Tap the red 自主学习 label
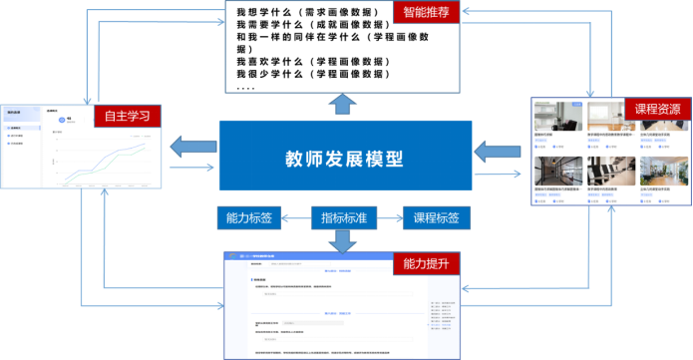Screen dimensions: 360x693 pos(127,116)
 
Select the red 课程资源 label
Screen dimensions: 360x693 pos(655,109)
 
